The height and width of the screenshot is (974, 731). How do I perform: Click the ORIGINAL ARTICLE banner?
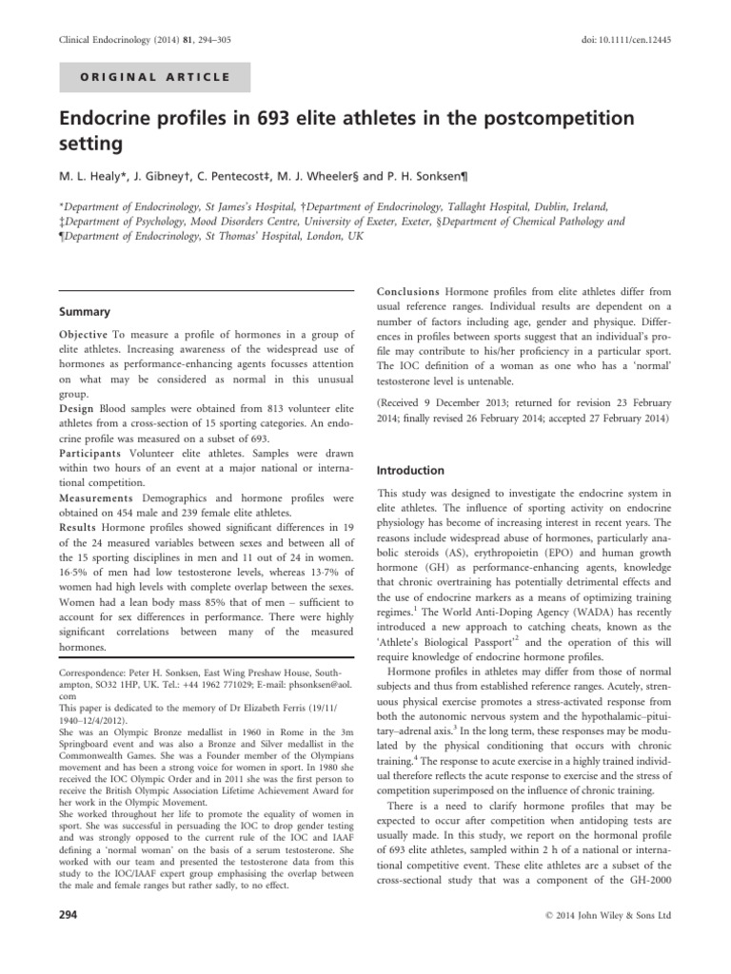(155, 77)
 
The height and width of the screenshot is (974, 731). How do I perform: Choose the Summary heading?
(85, 311)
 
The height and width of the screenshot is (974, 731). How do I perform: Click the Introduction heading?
(411, 470)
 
